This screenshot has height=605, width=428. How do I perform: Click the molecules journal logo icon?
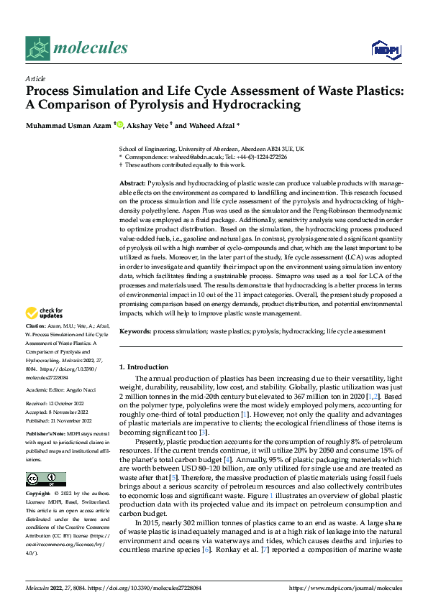tap(37, 48)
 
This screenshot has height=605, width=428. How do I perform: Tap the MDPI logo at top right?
tap(386, 49)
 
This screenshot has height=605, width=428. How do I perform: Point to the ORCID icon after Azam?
tap(120, 125)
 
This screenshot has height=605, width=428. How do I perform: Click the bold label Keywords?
tap(135, 331)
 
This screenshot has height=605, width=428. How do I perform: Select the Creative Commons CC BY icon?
tap(46, 479)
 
